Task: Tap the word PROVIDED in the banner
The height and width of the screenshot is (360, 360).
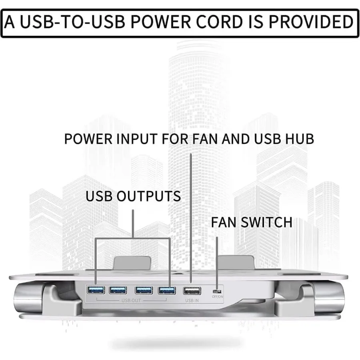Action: (x=312, y=22)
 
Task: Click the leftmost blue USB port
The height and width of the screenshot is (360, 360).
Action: (x=96, y=290)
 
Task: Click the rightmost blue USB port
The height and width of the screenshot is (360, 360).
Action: (x=166, y=290)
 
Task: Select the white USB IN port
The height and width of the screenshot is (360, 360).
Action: (x=192, y=290)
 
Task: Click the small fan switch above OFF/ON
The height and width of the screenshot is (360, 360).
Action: (x=218, y=291)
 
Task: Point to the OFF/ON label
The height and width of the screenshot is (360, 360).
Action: (x=218, y=297)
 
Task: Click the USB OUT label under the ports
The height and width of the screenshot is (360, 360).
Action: (x=131, y=300)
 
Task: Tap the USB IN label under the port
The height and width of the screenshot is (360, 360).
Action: (x=192, y=300)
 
